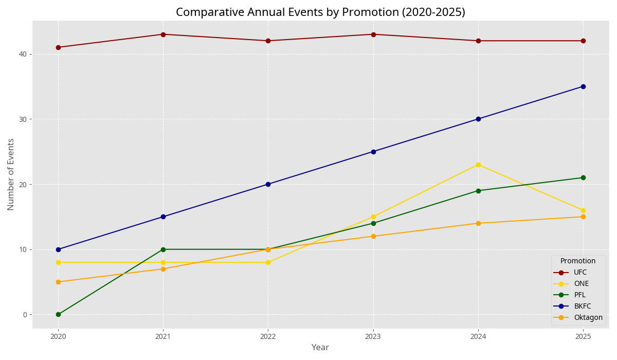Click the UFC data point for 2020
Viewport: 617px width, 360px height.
58,47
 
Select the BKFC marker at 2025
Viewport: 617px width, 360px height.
583,86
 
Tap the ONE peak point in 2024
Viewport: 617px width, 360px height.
478,165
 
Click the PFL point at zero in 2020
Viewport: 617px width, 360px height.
58,314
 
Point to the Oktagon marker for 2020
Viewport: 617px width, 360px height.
58,282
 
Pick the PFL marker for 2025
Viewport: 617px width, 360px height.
583,178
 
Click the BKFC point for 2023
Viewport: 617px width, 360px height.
373,152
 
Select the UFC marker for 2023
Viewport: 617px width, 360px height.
373,34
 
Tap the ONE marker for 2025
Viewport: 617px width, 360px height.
583,210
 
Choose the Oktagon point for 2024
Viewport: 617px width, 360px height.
478,223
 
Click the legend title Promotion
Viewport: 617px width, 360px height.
578,261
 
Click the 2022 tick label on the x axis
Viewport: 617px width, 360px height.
268,336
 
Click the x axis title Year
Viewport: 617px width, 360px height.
320,348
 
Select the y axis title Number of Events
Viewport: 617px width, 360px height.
11,174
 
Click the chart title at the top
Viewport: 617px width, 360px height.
320,12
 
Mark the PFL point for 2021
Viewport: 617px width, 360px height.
163,249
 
